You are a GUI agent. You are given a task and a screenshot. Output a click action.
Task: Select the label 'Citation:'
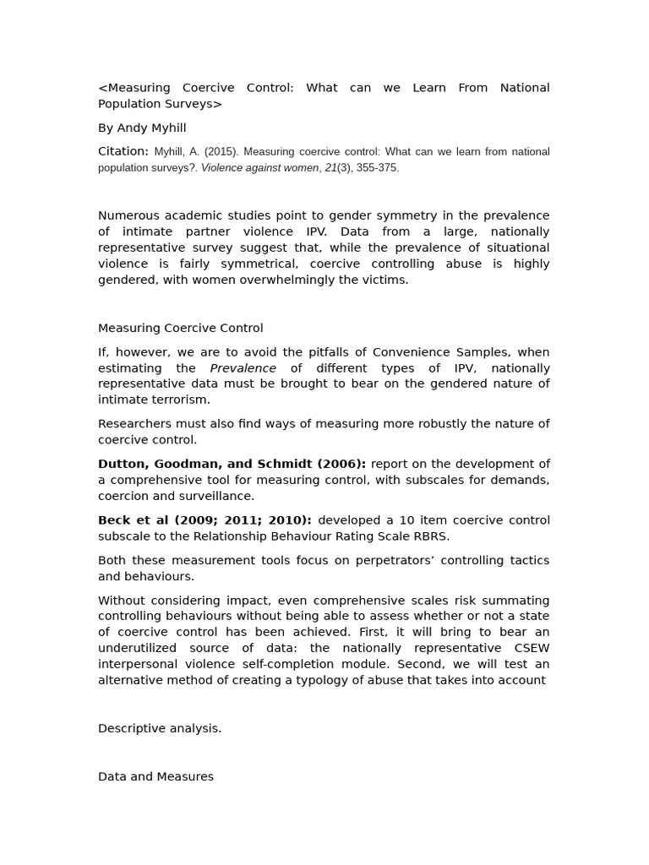tap(123, 151)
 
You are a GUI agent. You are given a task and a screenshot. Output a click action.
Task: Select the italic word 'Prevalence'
tap(243, 368)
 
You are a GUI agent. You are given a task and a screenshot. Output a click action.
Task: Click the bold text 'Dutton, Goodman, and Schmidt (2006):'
tap(232, 464)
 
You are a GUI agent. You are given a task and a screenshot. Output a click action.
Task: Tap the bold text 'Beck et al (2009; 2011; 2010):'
tap(205, 520)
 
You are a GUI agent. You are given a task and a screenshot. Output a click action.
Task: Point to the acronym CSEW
tap(532, 648)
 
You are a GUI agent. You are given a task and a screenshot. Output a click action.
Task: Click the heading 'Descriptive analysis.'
tap(160, 728)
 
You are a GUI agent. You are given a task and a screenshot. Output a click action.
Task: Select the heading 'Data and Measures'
tap(155, 776)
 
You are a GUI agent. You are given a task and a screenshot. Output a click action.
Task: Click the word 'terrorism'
tap(180, 400)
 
